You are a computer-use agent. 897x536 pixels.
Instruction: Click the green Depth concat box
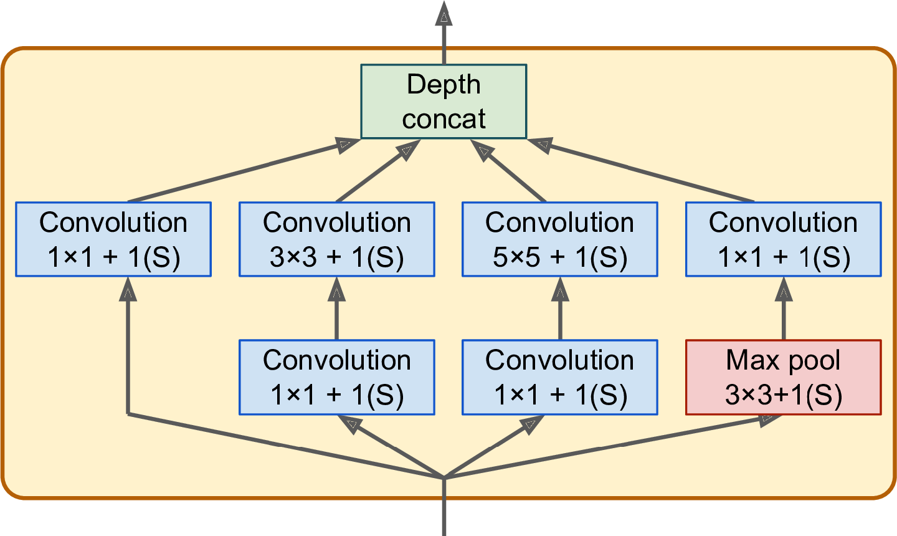pyautogui.click(x=444, y=102)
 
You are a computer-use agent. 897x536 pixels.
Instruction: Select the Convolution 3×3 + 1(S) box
pyautogui.click(x=337, y=239)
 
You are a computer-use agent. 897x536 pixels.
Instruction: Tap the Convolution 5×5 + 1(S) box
pyautogui.click(x=560, y=239)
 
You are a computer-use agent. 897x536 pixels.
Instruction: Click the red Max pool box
pyautogui.click(x=783, y=377)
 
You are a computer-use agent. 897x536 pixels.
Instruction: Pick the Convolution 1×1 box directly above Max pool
pyautogui.click(x=783, y=239)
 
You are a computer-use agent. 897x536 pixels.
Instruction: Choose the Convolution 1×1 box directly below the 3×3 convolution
pyautogui.click(x=337, y=377)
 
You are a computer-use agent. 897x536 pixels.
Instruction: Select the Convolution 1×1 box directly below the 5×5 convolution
pyautogui.click(x=560, y=377)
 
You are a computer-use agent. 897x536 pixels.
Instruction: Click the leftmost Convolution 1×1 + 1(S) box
pyautogui.click(x=113, y=239)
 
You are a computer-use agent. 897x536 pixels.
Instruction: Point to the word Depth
pyautogui.click(x=444, y=85)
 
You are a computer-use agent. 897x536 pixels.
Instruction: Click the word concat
pyautogui.click(x=444, y=119)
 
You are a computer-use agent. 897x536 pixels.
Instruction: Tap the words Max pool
pyautogui.click(x=783, y=360)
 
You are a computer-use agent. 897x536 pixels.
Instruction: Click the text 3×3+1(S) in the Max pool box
pyautogui.click(x=784, y=395)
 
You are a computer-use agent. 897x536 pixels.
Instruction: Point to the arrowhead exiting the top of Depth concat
pyautogui.click(x=444, y=14)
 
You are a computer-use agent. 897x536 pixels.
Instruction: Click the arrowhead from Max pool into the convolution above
pyautogui.click(x=784, y=289)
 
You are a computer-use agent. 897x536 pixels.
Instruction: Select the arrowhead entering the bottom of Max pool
pyautogui.click(x=770, y=420)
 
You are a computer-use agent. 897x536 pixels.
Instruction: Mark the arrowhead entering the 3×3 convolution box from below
pyautogui.click(x=337, y=289)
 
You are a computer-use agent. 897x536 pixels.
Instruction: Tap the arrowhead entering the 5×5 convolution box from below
pyautogui.click(x=560, y=289)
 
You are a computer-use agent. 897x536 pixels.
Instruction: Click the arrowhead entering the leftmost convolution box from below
pyautogui.click(x=128, y=289)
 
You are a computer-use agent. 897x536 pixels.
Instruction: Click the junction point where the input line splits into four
pyautogui.click(x=444, y=477)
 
